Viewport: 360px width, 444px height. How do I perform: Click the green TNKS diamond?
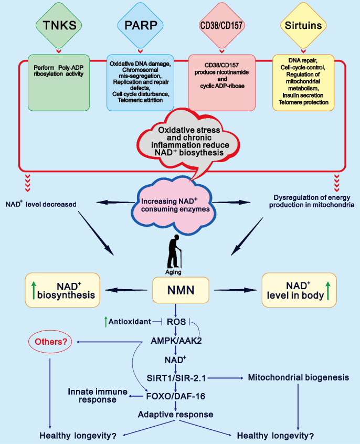coord(59,24)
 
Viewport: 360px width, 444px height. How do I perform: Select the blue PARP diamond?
coord(139,24)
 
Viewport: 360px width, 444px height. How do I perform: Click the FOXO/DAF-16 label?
coord(181,396)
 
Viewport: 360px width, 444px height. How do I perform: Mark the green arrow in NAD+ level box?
coord(328,290)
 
